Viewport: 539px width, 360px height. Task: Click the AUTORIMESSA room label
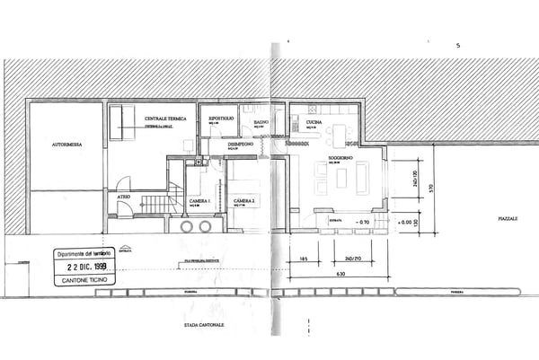pyautogui.click(x=67, y=144)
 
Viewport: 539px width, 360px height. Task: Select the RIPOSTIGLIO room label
pyautogui.click(x=221, y=119)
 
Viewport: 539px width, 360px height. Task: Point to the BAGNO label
pyautogui.click(x=261, y=121)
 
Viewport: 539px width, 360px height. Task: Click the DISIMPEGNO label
pyautogui.click(x=239, y=144)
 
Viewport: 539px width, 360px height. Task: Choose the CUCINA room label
pyautogui.click(x=314, y=121)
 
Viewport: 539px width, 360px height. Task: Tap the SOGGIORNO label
pyautogui.click(x=340, y=158)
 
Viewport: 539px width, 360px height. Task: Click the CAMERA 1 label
pyautogui.click(x=199, y=200)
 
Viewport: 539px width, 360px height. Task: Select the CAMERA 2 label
pyautogui.click(x=244, y=200)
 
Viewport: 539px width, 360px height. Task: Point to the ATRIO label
pyautogui.click(x=123, y=195)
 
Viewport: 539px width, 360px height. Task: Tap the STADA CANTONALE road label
pyautogui.click(x=204, y=324)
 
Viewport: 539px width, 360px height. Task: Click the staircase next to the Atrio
pyautogui.click(x=158, y=204)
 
